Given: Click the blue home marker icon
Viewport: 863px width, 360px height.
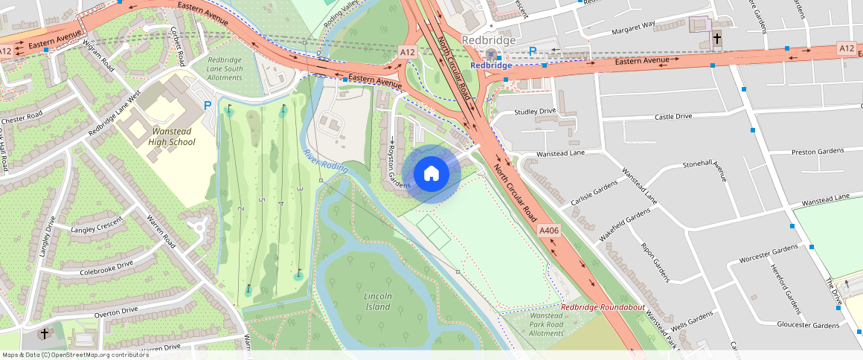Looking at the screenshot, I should click(x=431, y=174).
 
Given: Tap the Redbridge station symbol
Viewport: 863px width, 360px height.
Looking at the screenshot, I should click(x=491, y=54).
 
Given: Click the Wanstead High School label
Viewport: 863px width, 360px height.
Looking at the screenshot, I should click(x=172, y=137).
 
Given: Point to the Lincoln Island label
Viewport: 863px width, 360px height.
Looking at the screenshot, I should click(x=377, y=301).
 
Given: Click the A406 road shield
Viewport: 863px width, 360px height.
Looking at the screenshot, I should click(x=549, y=231).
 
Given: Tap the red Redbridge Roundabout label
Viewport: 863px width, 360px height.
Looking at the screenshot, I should click(x=603, y=307).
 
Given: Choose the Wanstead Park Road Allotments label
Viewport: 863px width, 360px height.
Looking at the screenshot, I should click(x=546, y=324).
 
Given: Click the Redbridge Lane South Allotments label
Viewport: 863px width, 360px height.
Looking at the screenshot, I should click(x=225, y=68).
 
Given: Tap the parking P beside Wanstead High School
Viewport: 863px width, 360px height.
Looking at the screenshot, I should click(x=208, y=106).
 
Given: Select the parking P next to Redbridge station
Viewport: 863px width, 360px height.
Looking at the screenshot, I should click(x=533, y=51).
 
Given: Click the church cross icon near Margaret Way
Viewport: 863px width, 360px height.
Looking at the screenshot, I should click(x=716, y=38).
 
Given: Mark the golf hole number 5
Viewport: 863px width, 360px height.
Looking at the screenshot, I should click(x=261, y=200).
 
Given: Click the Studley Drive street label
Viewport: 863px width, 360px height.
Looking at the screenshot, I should click(x=535, y=112).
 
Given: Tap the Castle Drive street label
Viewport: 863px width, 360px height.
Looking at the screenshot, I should click(x=673, y=117).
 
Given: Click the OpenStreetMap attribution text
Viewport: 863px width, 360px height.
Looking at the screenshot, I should click(x=76, y=355).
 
